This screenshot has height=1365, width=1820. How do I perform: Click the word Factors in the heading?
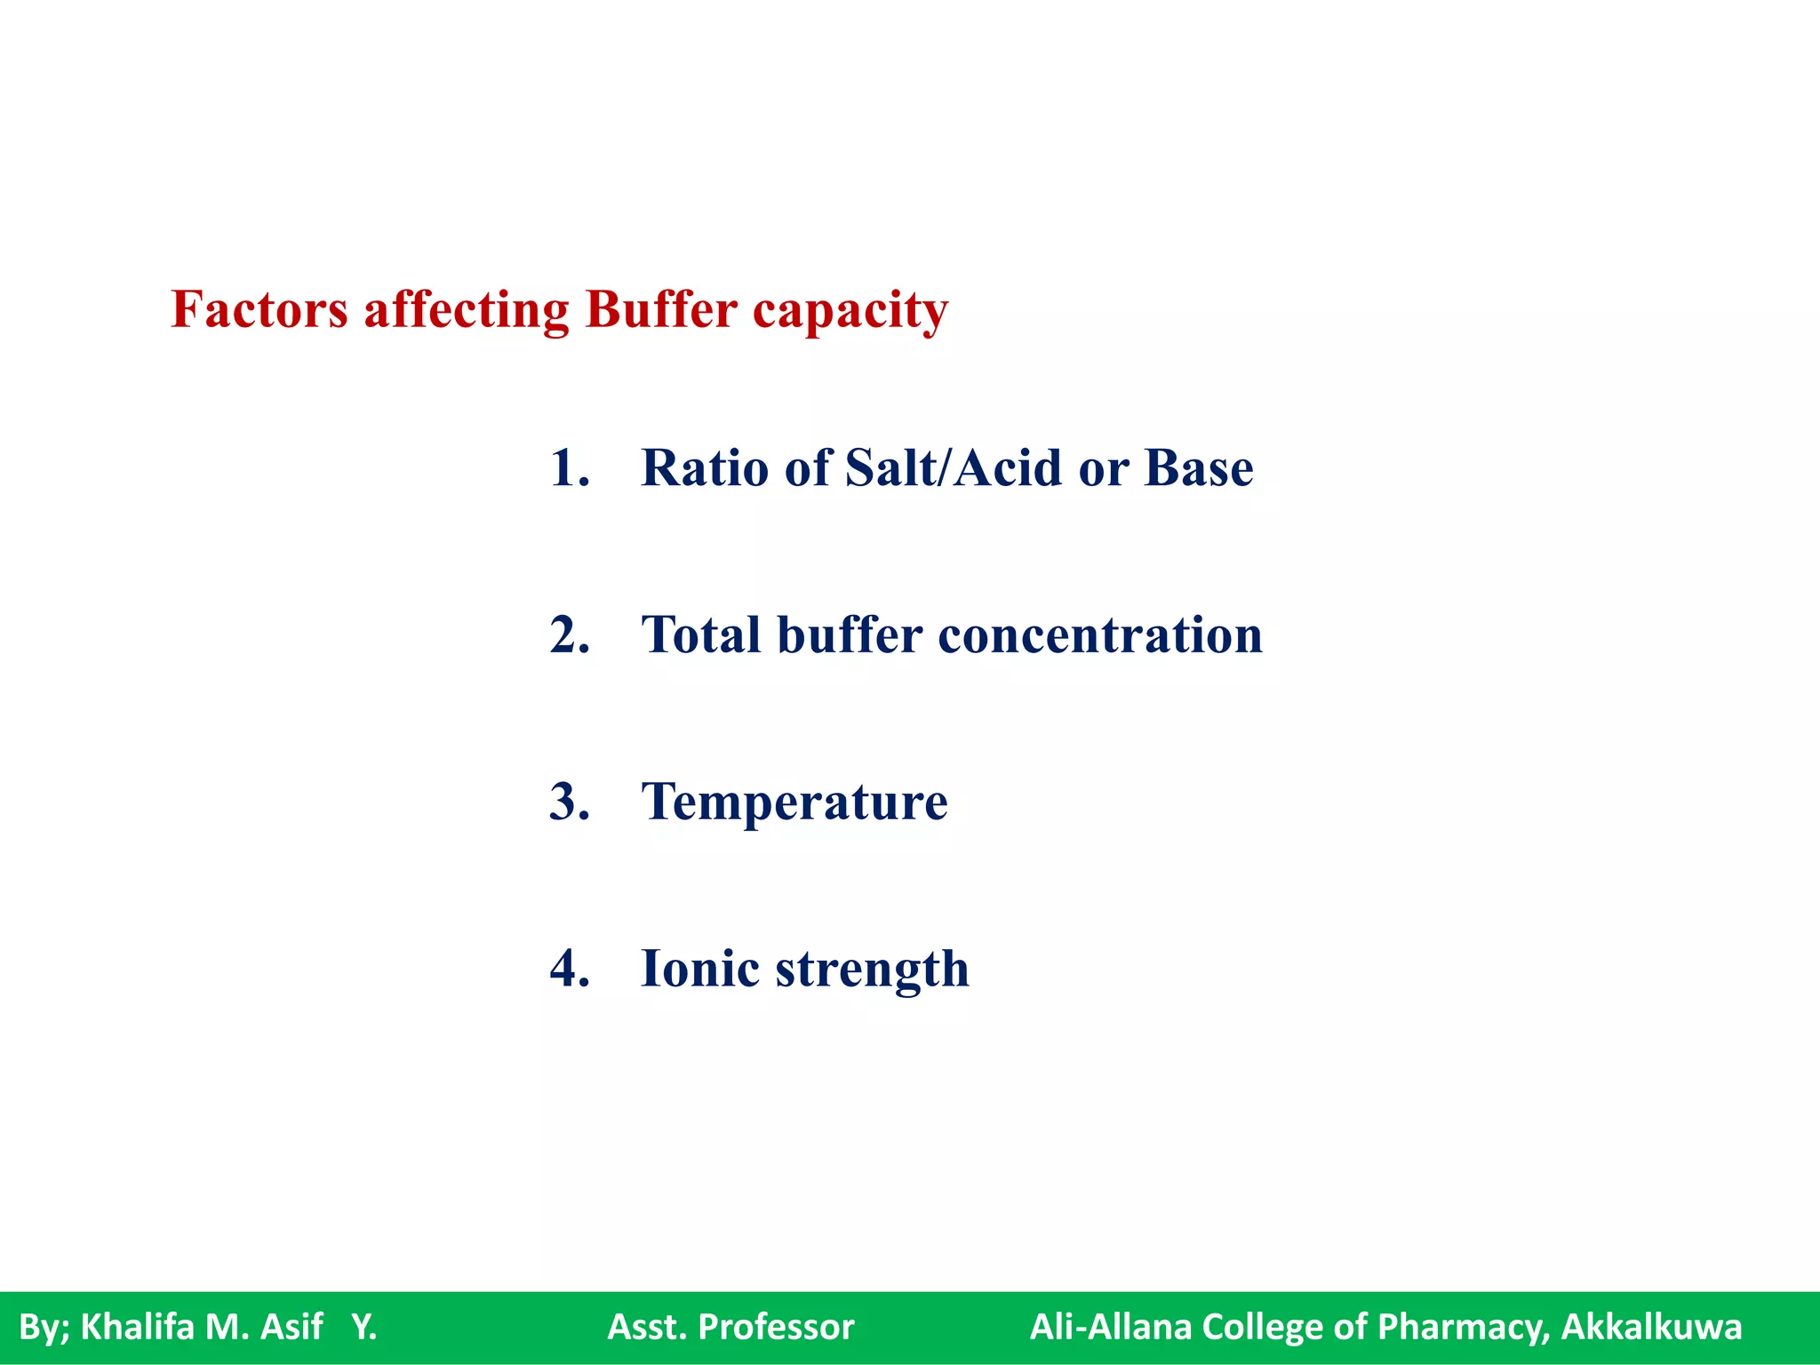[x=259, y=310]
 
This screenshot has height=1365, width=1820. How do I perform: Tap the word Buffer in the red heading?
[x=660, y=310]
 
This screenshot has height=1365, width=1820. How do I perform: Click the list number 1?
[x=569, y=468]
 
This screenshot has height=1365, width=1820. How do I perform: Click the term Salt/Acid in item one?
[x=953, y=468]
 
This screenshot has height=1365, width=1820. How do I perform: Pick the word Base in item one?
[x=1199, y=468]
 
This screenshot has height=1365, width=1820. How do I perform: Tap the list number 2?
[x=569, y=635]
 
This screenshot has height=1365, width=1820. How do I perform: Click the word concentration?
[x=1100, y=635]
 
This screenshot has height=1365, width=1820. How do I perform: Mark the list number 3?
[x=569, y=802]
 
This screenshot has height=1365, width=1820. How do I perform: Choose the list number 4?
[x=569, y=969]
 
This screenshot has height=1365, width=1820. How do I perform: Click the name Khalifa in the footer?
[x=138, y=1327]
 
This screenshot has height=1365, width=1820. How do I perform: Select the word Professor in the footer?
[x=776, y=1327]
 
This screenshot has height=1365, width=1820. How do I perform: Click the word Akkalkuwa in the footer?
[x=1651, y=1327]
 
